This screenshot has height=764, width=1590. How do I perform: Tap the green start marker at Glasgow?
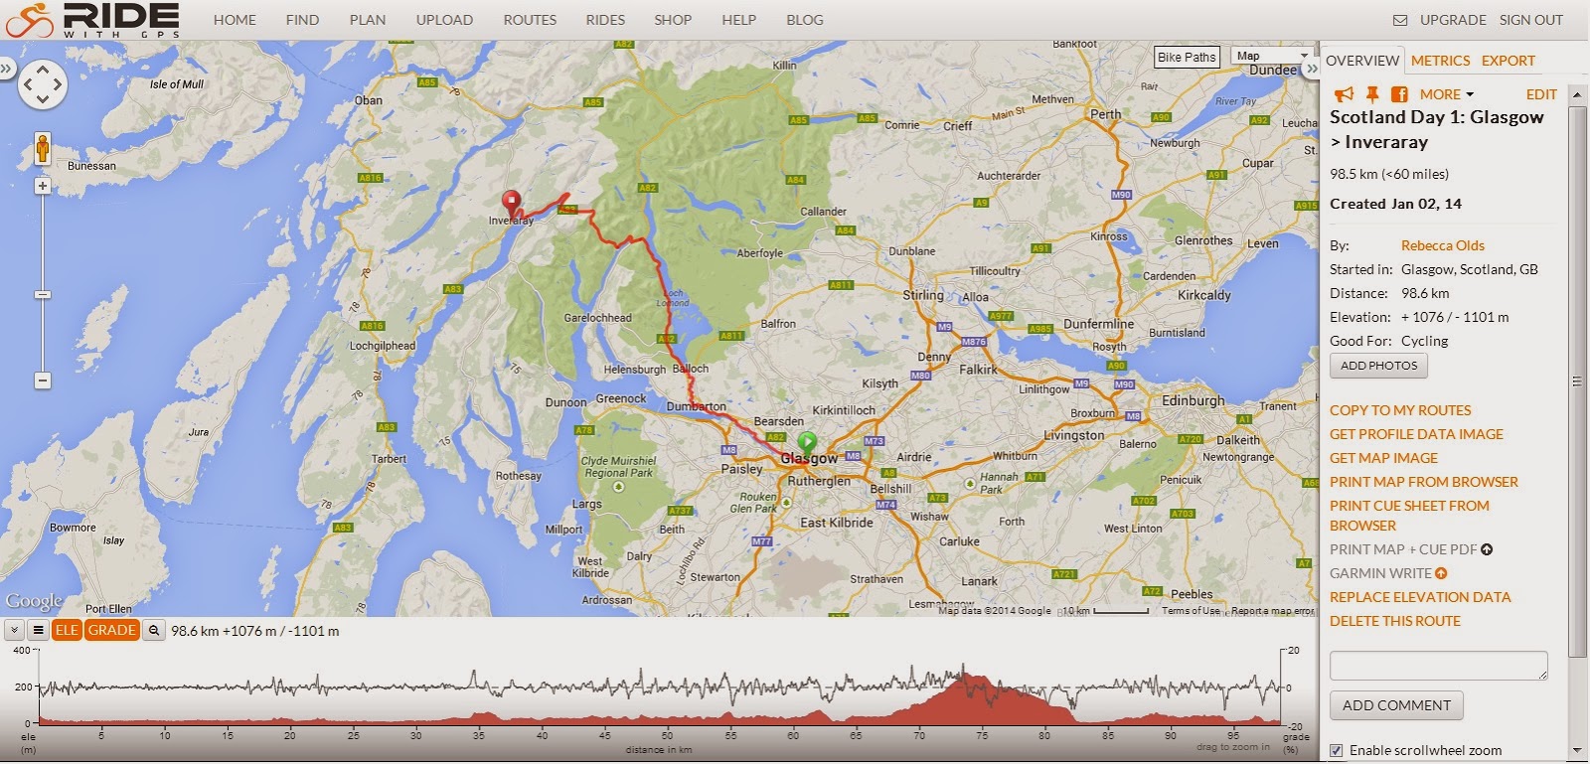tap(807, 440)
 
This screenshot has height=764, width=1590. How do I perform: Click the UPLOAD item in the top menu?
tap(444, 20)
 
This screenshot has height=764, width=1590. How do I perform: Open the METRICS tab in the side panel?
tap(1440, 61)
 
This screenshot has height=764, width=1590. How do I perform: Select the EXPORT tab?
tap(1508, 61)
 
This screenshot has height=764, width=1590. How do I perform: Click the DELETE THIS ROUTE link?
tap(1394, 621)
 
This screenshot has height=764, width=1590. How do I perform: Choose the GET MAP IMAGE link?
tap(1383, 458)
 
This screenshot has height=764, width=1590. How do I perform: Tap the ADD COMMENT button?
tap(1396, 705)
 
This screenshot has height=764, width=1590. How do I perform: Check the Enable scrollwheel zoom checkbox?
tap(1337, 750)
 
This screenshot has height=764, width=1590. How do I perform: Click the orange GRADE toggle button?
tap(111, 630)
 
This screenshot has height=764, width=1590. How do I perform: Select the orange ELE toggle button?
tap(67, 630)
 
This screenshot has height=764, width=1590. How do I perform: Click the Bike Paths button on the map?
tap(1187, 57)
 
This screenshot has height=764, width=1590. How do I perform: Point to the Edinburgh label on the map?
tap(1192, 400)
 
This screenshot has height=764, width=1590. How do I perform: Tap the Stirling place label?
tap(923, 295)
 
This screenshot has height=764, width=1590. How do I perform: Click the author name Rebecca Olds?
tap(1442, 245)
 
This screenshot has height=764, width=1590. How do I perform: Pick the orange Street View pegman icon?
tap(43, 149)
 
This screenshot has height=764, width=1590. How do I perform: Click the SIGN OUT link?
tap(1530, 20)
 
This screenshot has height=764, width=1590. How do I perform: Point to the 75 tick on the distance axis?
tap(982, 735)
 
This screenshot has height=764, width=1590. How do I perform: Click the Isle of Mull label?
tap(177, 84)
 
